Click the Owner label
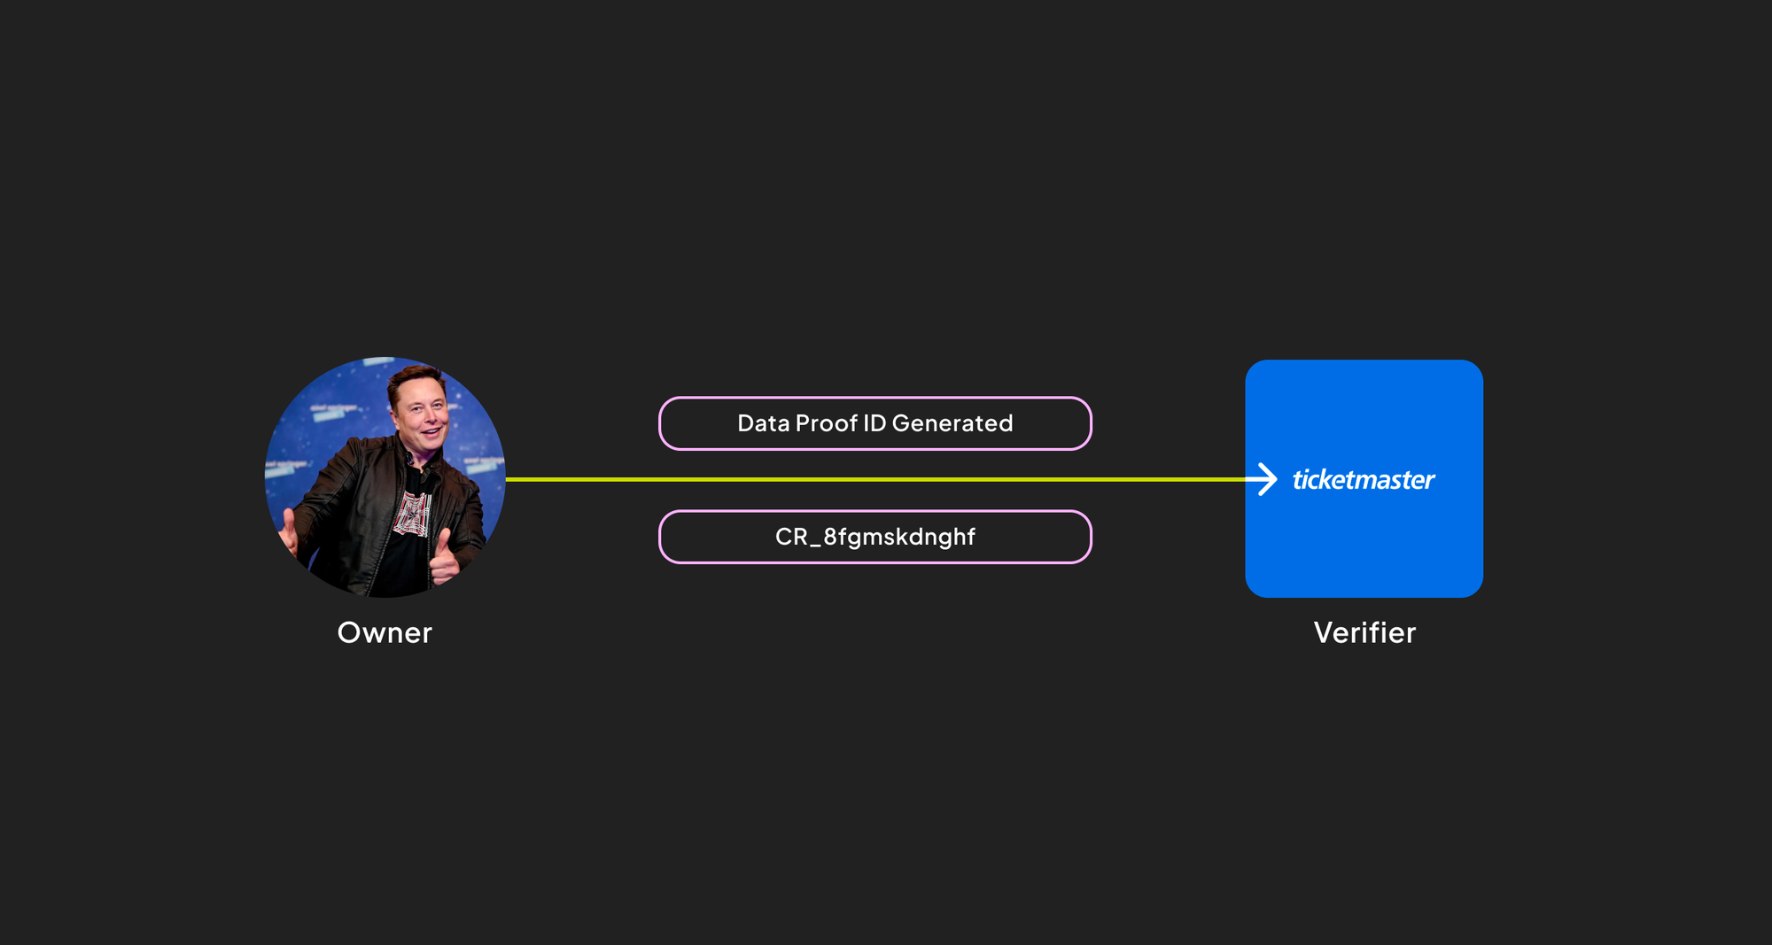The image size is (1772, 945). [x=385, y=632]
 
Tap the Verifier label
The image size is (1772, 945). [x=1364, y=632]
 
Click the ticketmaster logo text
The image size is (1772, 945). [x=1364, y=479]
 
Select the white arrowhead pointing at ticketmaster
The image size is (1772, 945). [x=1266, y=479]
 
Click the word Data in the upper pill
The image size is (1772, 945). [x=764, y=423]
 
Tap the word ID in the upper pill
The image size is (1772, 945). [x=874, y=423]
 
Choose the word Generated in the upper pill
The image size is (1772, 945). [x=952, y=423]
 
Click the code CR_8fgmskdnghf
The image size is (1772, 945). [x=875, y=537]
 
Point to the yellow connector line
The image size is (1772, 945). [x=875, y=479]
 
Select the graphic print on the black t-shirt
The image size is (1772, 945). [x=413, y=515]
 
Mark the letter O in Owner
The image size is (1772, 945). [x=350, y=632]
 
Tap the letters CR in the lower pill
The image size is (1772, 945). [x=792, y=537]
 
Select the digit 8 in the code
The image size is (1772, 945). [x=830, y=537]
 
